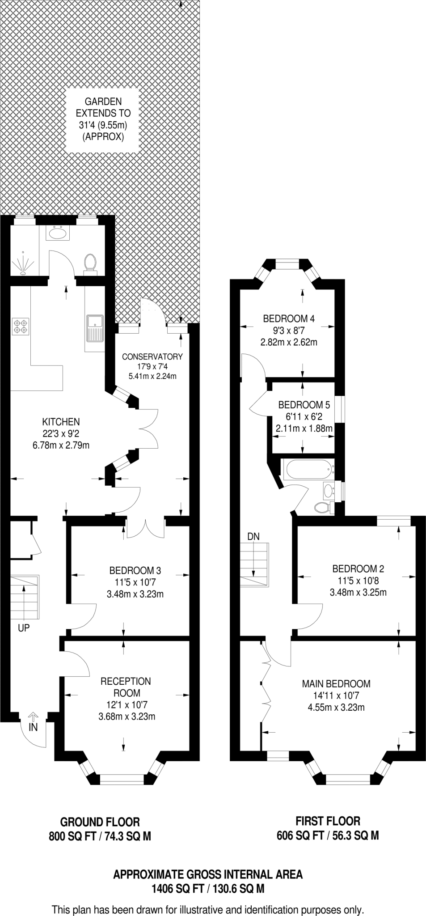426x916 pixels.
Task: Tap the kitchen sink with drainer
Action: pos(95,328)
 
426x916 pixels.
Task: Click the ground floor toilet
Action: pos(90,262)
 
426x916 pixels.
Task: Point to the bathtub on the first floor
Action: pos(308,470)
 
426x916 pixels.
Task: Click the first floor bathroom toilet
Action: pos(322,507)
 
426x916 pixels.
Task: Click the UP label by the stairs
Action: pos(24,628)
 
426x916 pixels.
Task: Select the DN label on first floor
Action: pos(253,536)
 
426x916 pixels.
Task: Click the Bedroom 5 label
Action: pos(304,405)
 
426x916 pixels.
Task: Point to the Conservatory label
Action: pos(152,356)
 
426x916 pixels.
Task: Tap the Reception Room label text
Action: pos(126,687)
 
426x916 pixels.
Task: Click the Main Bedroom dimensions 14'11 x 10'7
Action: pos(336,695)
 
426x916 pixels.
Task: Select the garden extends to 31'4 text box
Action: pos(103,119)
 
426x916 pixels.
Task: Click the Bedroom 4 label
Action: pos(289,318)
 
